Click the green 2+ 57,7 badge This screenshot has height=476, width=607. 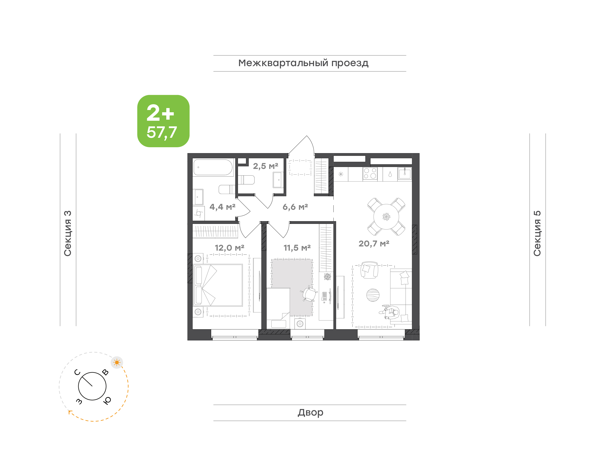(163, 121)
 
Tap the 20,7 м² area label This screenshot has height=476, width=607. (374, 243)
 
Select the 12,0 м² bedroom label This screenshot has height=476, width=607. (230, 248)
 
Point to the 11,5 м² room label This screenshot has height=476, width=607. (297, 248)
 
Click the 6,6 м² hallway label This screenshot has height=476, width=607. (295, 207)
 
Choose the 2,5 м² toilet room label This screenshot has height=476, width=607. (265, 166)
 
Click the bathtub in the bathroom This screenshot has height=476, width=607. (213, 167)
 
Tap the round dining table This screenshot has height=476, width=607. (386, 217)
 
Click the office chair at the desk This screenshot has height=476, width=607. (309, 294)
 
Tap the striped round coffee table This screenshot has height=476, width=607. (373, 295)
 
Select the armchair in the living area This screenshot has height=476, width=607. (369, 270)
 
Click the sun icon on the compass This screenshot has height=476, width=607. (117, 362)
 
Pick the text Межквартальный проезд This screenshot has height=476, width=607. (303, 63)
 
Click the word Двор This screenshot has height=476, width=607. (310, 412)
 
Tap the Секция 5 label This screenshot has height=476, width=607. (537, 233)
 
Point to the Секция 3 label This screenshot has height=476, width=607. (67, 233)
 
